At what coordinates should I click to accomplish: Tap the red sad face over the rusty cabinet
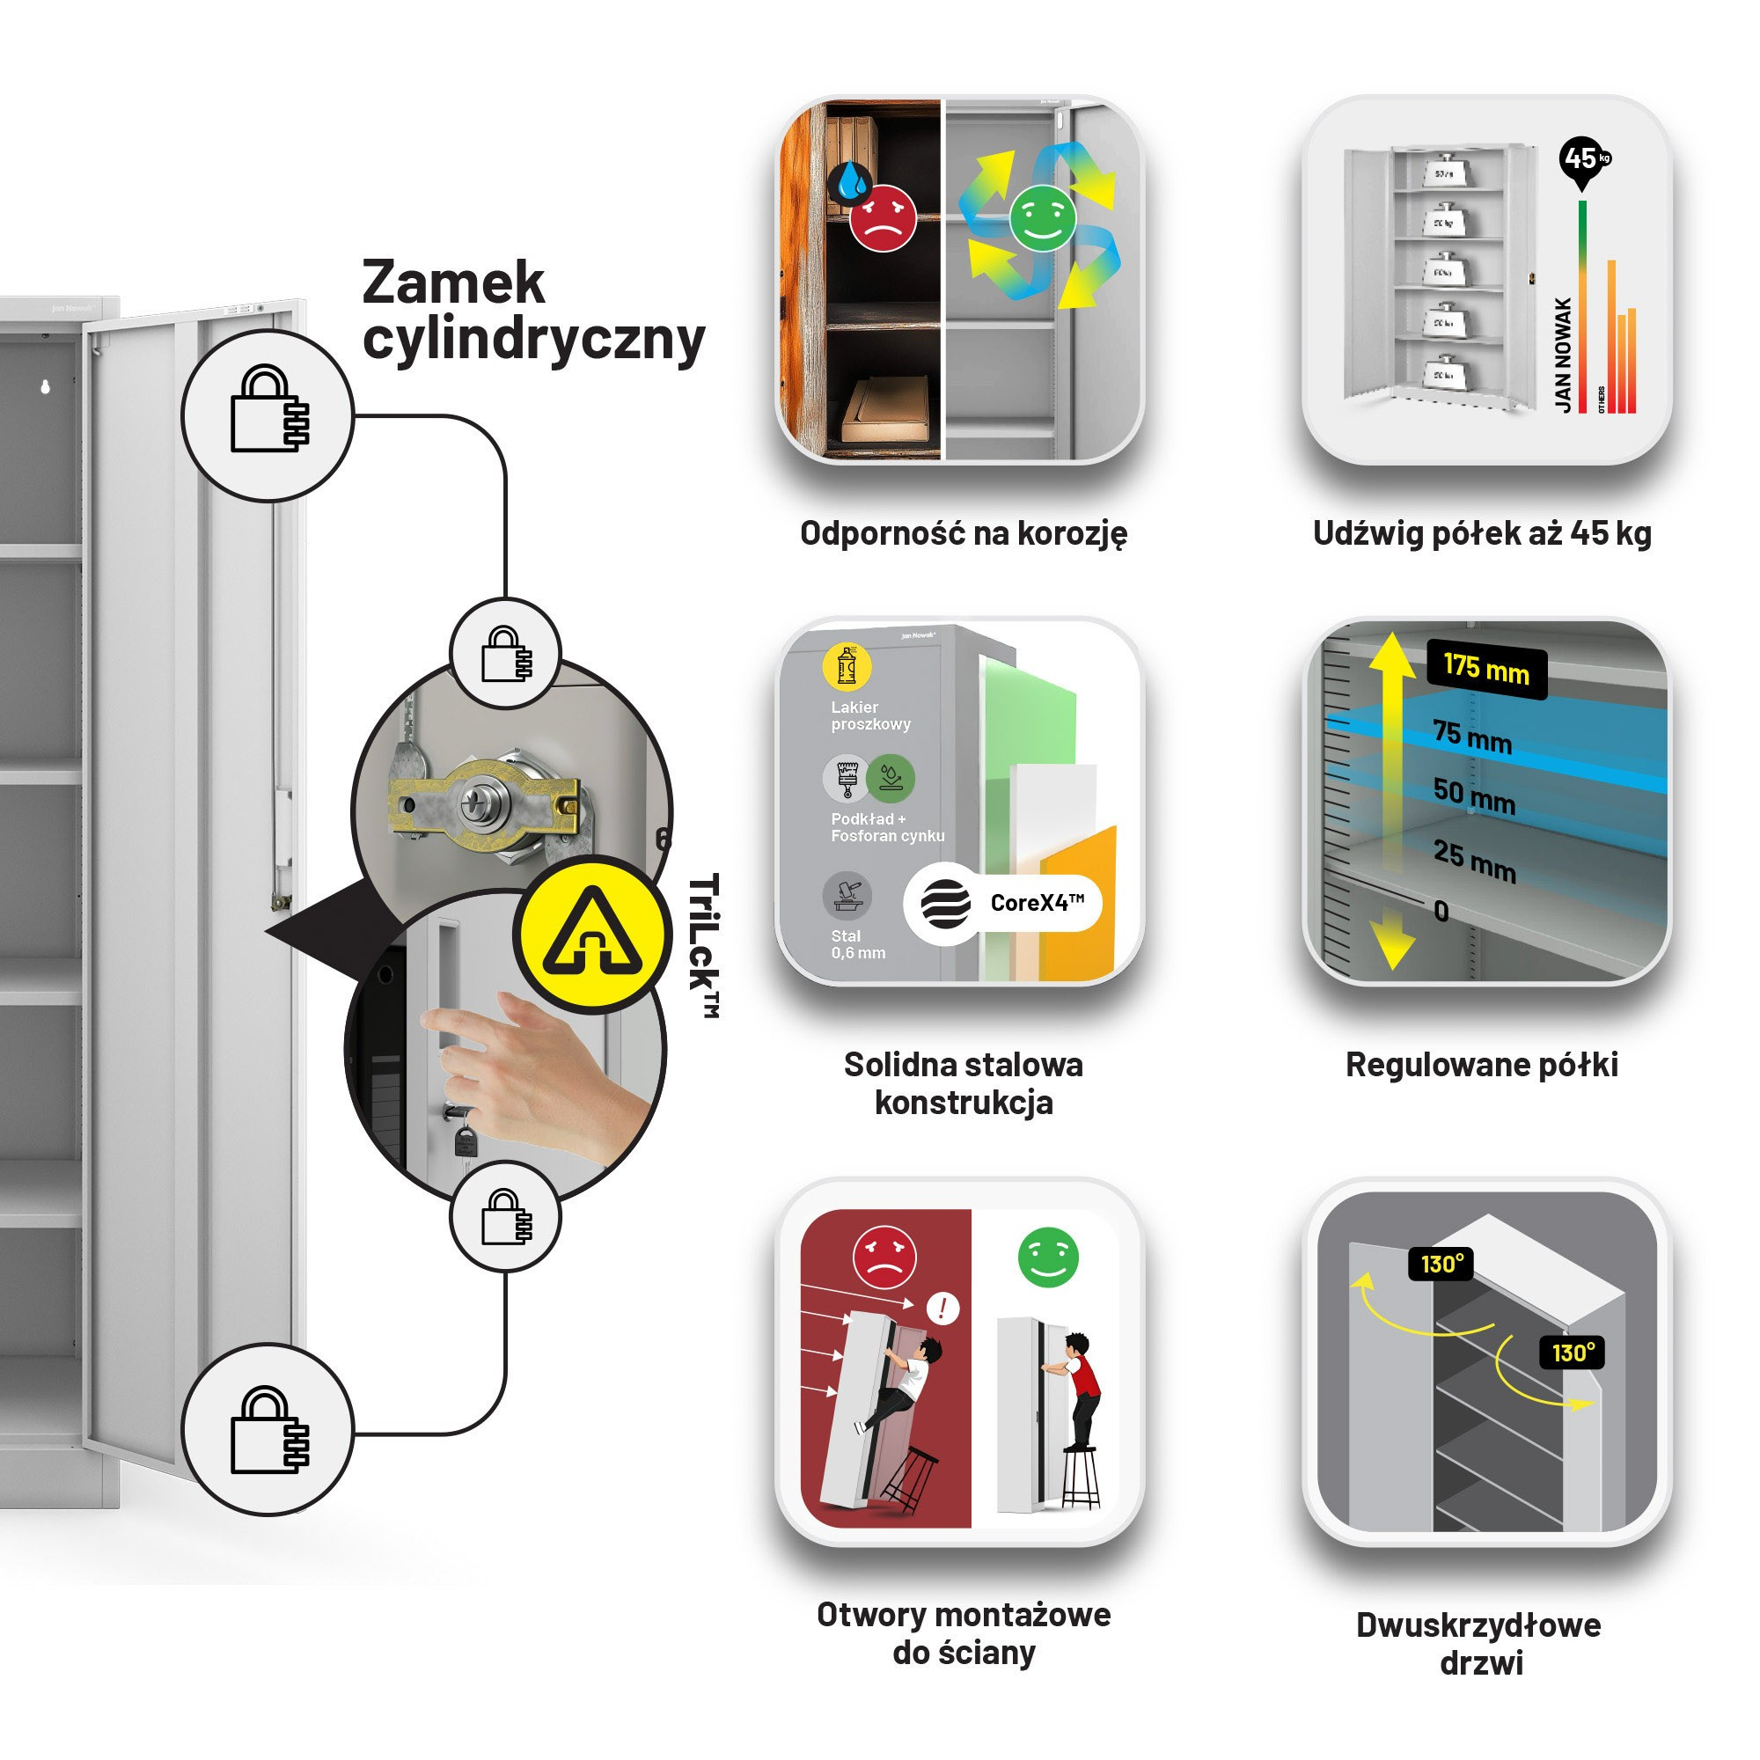883,217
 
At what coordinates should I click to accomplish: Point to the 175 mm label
1485,671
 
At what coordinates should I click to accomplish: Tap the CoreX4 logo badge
1003,903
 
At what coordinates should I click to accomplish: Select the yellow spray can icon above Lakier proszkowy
847,666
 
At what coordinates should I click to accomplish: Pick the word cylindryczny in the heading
533,339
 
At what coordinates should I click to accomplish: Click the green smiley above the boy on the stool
1047,1258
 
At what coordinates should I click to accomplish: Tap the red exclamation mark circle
942,1309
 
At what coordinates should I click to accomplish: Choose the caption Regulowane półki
1481,1064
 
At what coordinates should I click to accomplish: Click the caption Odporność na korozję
963,533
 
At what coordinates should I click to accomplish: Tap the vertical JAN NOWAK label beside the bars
1563,355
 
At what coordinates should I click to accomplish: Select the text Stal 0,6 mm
857,943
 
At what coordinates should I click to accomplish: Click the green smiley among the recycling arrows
1042,217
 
